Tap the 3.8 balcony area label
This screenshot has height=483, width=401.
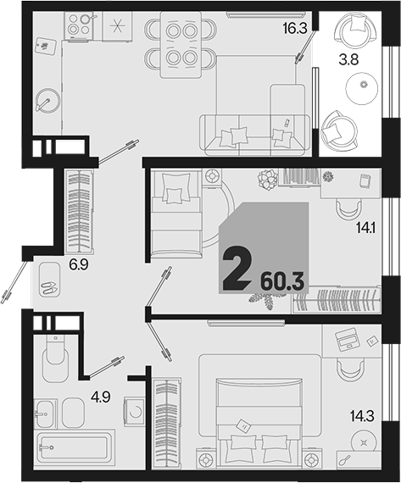(348, 59)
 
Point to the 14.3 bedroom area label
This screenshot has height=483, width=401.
(362, 416)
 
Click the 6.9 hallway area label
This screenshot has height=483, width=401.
(79, 264)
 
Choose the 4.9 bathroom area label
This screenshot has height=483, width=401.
(101, 397)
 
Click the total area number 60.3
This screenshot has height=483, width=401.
(282, 281)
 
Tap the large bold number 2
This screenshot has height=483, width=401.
(237, 269)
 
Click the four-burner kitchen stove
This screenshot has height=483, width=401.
(79, 25)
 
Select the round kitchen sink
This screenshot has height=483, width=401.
(48, 101)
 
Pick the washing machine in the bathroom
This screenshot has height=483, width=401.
(134, 412)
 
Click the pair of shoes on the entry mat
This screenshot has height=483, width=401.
(48, 287)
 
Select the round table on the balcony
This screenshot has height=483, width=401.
(361, 89)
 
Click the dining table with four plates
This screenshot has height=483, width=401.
(181, 45)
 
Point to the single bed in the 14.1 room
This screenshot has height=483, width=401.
(176, 214)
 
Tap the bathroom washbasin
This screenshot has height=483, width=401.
(45, 413)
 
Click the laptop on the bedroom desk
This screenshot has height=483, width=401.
(348, 340)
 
